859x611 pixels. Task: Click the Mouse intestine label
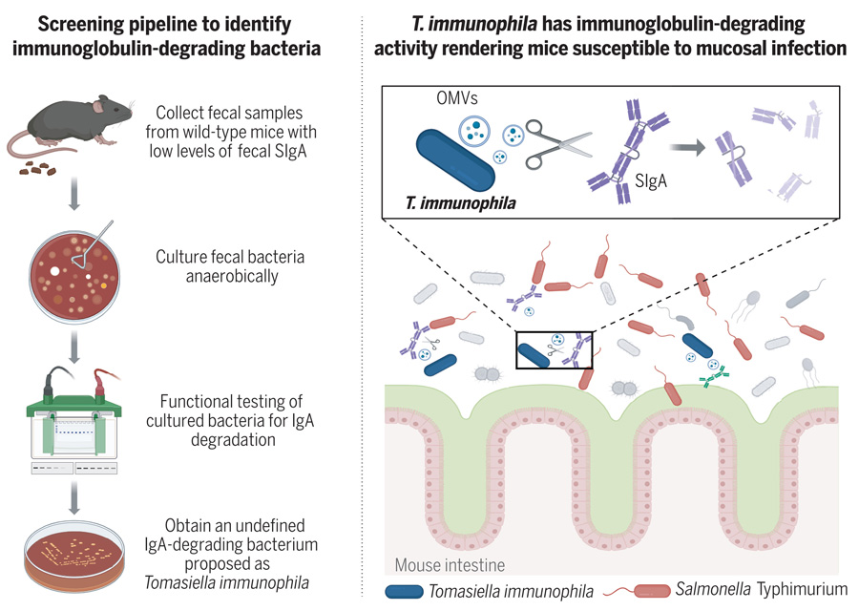(450, 565)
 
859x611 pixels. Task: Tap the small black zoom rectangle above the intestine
(555, 349)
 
